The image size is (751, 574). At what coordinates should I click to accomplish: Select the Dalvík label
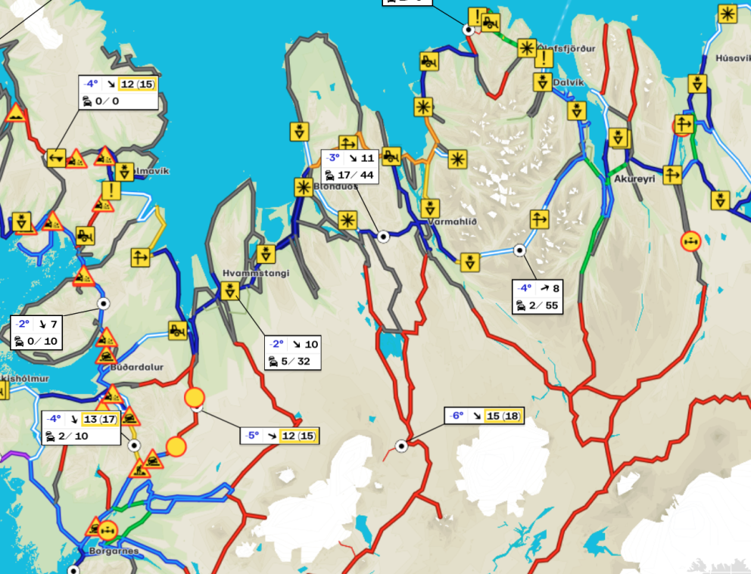click(569, 82)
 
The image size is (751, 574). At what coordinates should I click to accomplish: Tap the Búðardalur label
click(136, 367)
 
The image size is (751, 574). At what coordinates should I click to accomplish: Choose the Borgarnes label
click(114, 551)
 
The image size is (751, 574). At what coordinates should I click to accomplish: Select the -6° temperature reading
click(455, 416)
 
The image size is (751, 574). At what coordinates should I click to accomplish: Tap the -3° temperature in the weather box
click(332, 159)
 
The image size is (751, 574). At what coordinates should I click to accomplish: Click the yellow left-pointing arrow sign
click(55, 158)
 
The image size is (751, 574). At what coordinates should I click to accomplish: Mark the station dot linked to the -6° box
click(402, 446)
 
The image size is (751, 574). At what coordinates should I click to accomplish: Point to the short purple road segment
click(15, 455)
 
